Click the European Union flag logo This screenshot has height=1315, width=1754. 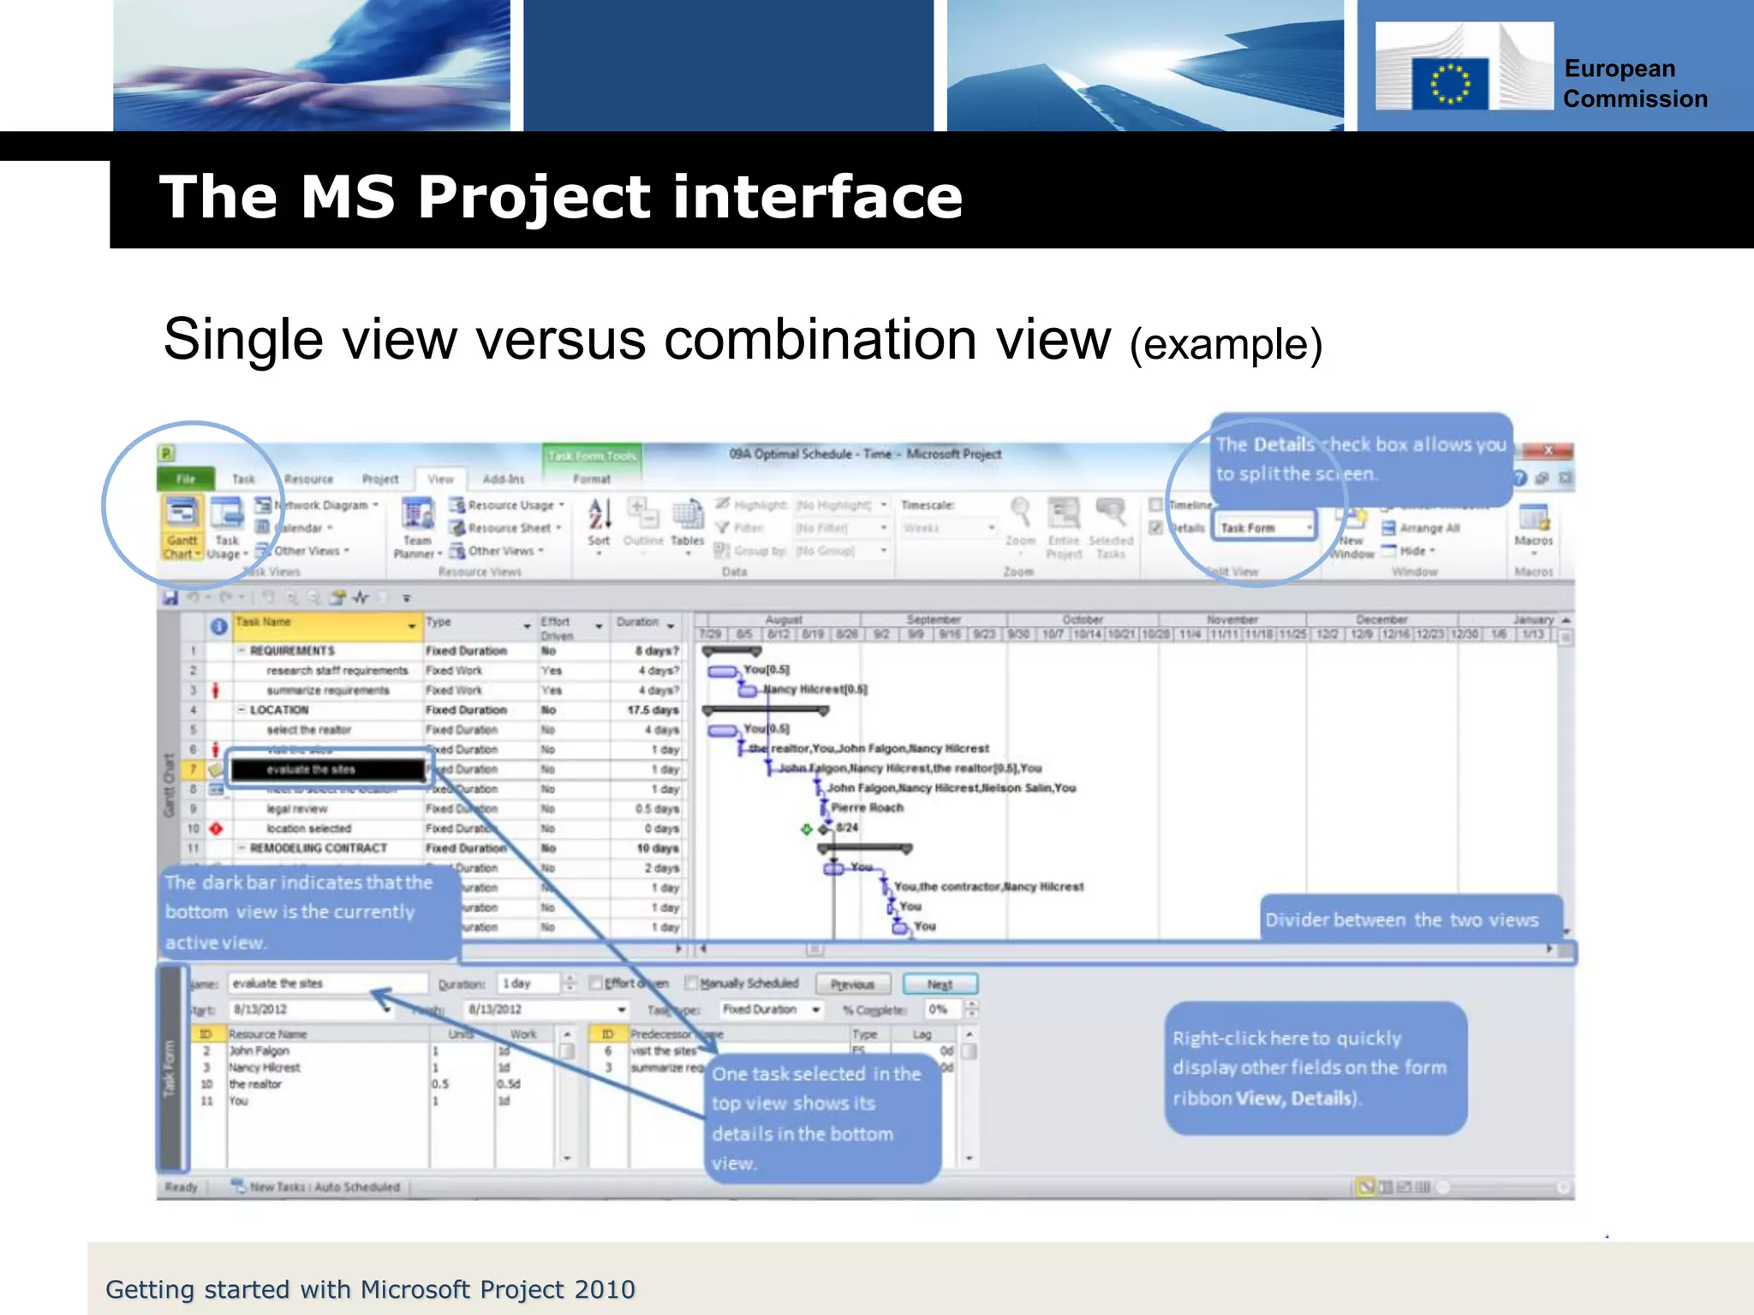[1449, 84]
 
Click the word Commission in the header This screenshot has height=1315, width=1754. [1635, 99]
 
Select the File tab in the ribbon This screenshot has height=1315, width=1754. [185, 479]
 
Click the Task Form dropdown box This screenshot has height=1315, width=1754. [1264, 527]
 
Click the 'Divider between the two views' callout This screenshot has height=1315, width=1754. [1402, 919]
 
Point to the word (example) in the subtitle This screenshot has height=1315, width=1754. [1226, 345]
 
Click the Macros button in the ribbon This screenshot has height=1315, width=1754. [1532, 527]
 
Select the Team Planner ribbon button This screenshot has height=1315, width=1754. [417, 527]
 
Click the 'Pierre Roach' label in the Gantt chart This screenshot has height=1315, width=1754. [867, 807]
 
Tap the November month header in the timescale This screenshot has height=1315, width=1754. [1232, 619]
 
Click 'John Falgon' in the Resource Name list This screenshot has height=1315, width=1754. [259, 1050]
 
